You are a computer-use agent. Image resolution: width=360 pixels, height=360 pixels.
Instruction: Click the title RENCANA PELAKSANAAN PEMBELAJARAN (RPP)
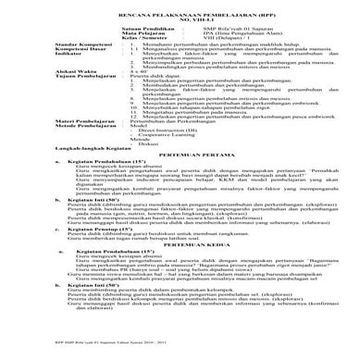(180, 17)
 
